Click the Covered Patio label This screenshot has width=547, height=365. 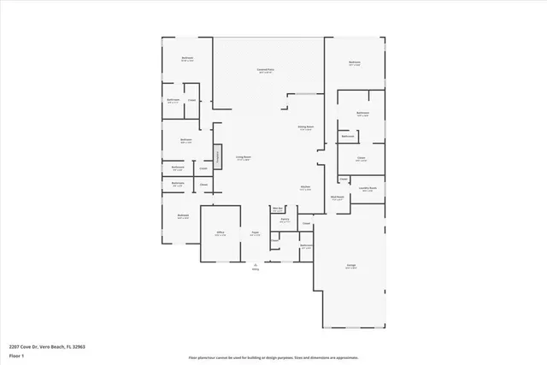click(266, 70)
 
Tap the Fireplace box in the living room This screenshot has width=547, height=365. click(218, 156)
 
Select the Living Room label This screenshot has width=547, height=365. click(243, 158)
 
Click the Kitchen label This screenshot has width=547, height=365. click(304, 188)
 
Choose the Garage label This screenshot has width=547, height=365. click(350, 267)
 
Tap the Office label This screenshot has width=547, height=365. click(220, 233)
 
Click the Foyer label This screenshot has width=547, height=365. click(255, 233)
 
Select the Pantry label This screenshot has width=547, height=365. click(284, 220)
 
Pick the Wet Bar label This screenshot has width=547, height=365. click(278, 209)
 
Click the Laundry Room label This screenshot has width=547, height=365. click(368, 189)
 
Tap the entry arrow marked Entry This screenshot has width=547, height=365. click(255, 267)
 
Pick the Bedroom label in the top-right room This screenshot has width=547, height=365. click(354, 62)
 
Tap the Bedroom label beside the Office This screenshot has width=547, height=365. click(182, 216)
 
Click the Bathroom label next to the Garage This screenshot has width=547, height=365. click(306, 246)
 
